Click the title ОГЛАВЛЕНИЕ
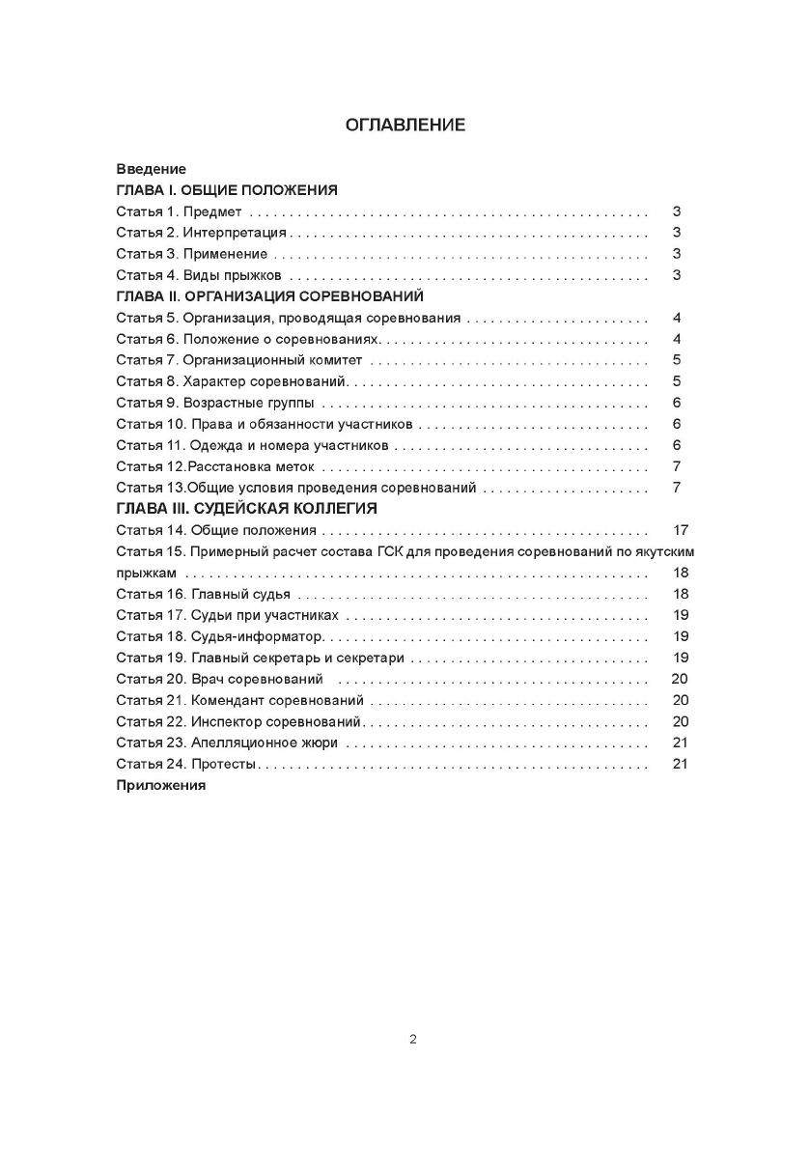click(x=405, y=125)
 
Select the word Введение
click(x=151, y=169)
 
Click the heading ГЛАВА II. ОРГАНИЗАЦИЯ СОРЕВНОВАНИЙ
click(x=269, y=296)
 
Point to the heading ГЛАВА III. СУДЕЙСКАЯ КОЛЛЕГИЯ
click(x=246, y=509)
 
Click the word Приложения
click(x=161, y=785)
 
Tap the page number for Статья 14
click(x=680, y=530)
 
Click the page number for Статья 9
click(x=678, y=403)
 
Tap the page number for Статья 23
click(x=680, y=743)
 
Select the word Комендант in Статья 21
click(x=227, y=700)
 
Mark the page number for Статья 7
click(x=678, y=360)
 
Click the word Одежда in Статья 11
click(x=212, y=445)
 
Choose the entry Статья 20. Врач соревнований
click(x=219, y=679)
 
